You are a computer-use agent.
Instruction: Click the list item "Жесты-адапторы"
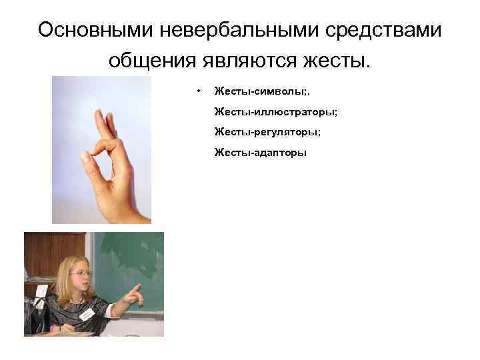[260, 153]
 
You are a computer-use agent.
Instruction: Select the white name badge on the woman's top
[86, 313]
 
